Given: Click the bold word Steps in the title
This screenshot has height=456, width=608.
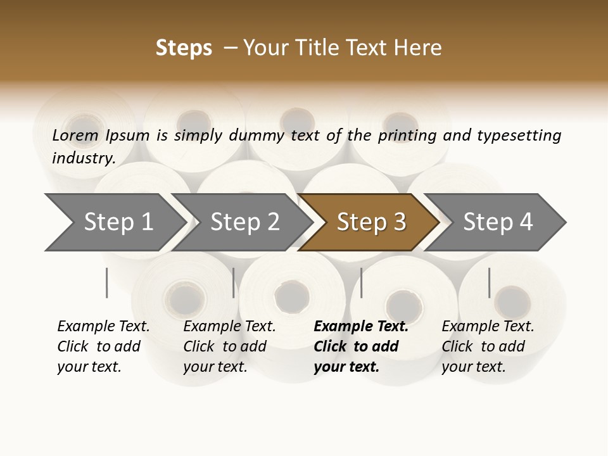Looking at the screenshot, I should pos(184,48).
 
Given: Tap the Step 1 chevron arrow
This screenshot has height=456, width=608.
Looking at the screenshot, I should pos(117,222).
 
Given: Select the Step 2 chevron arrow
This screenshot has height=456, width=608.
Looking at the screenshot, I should pos(244,222).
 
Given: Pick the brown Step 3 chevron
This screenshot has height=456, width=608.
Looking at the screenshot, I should pos(370,222).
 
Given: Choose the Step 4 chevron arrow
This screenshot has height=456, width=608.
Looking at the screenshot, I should pos(497,222).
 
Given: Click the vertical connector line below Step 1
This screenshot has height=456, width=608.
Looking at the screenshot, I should pos(107,282).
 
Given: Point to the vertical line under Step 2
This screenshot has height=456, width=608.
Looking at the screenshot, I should pos(234,282).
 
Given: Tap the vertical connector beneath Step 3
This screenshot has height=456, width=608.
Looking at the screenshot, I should pos(361,282).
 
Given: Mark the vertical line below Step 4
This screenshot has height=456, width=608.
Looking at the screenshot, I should pos(489,282).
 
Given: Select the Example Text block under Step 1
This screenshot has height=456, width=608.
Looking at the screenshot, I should pos(103,346).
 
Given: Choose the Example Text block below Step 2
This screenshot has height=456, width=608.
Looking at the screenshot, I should pos(229,346).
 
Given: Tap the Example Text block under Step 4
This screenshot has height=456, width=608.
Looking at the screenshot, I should pos(488,346).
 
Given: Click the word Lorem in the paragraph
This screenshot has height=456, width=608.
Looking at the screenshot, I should pos(75,135).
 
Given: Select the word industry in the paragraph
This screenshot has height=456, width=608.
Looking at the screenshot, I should pos(84,158).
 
